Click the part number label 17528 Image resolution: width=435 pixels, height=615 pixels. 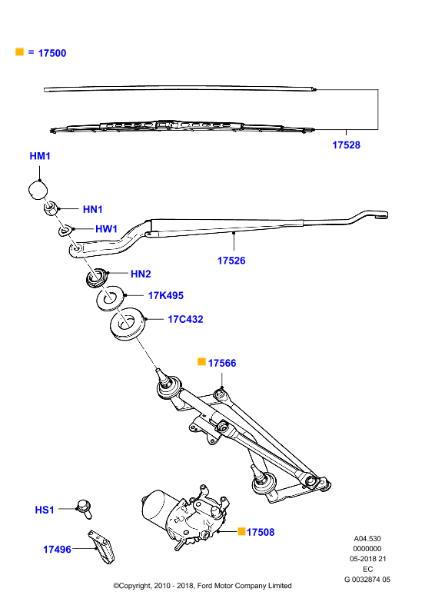tap(346, 145)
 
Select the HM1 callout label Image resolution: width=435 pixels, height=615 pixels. tap(40, 156)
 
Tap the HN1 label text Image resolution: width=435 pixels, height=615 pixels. tap(92, 209)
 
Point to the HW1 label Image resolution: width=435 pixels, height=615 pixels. tap(106, 228)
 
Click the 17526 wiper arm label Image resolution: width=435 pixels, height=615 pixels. tap(231, 261)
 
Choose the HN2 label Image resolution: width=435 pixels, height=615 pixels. tap(141, 274)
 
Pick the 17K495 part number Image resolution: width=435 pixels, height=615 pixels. tap(165, 295)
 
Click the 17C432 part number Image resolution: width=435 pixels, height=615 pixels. tap(185, 319)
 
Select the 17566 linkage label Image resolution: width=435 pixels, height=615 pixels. tap(222, 363)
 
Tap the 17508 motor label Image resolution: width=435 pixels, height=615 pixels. tap(261, 532)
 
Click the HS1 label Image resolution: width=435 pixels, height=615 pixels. tap(45, 510)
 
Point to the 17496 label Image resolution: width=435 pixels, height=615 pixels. tap(58, 550)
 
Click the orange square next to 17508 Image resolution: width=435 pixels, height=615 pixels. tap(241, 531)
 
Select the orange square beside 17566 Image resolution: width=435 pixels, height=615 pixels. tap(201, 361)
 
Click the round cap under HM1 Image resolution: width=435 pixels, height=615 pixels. tap(38, 189)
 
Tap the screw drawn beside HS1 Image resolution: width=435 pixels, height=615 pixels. tap(85, 509)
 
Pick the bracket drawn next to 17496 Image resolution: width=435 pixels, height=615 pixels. tap(101, 547)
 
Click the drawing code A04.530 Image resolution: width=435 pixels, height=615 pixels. tap(367, 539)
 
